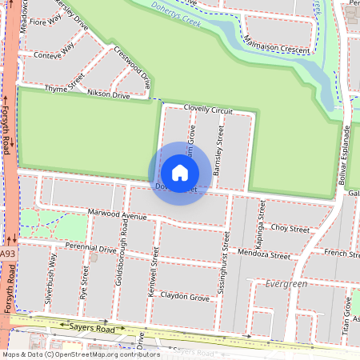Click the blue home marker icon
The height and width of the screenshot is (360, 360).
[179, 173]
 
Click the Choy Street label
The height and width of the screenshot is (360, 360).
[290, 229]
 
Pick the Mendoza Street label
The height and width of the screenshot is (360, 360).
[263, 257]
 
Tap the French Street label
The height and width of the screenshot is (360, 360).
[342, 254]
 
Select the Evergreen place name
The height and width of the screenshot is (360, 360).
[286, 284]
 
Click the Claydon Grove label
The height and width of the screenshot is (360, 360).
[185, 298]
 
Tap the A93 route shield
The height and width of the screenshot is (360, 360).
[8, 254]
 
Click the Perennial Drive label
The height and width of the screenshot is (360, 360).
[90, 248]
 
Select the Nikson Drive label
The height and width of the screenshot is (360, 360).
[108, 95]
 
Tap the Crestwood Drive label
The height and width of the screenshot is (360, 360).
[133, 67]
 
